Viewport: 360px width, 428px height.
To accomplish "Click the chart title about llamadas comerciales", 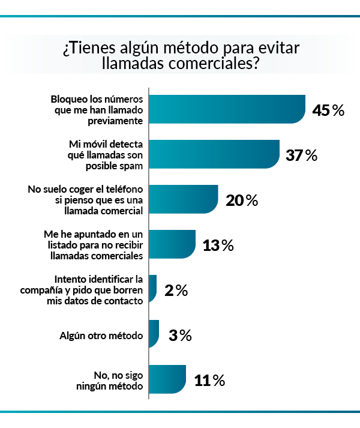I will point(180,56).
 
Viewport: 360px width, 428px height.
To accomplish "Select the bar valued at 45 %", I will point(227,109).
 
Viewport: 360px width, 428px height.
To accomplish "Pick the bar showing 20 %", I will point(183,199).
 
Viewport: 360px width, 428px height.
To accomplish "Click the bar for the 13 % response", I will point(172,244).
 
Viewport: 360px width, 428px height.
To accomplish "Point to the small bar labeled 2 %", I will point(152,289).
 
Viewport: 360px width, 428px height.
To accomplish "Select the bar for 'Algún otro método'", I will point(154,334).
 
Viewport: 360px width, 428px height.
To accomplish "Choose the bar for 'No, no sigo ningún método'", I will point(167,379).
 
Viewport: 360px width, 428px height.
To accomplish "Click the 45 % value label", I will point(328,110).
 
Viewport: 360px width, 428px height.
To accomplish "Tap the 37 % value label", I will point(302,155).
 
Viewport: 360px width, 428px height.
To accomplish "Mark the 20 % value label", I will point(241,200).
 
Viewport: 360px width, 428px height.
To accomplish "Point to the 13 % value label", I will point(218,246).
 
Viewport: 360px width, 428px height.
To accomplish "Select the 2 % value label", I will point(176,291).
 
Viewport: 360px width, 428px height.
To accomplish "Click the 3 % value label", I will point(179,336).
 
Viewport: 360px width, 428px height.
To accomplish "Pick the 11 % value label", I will point(209,381).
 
